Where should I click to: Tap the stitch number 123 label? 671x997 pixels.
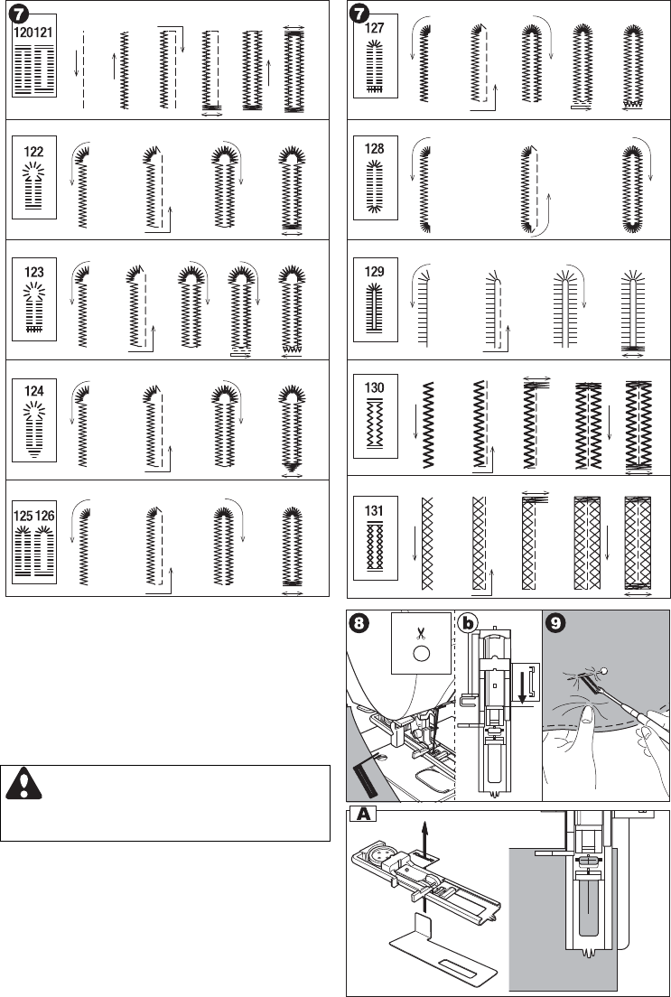(x=34, y=269)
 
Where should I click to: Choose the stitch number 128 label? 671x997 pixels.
(x=376, y=153)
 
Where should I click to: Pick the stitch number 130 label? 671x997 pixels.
(x=376, y=388)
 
